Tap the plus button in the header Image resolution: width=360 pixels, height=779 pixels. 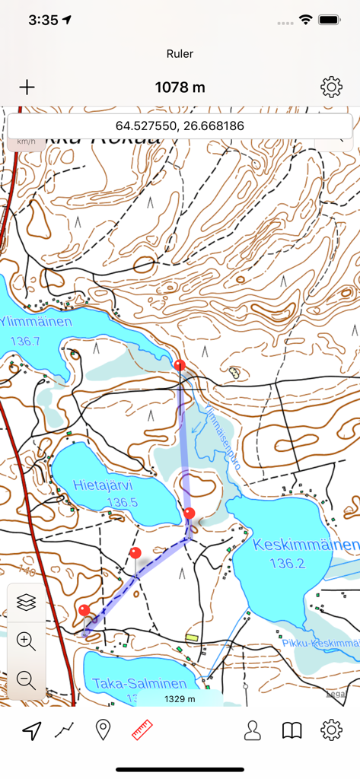tap(27, 87)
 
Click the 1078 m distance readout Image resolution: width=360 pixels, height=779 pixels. tap(180, 87)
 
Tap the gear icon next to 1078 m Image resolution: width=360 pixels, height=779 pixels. tap(331, 87)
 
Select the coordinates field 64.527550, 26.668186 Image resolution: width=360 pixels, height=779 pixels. tap(180, 126)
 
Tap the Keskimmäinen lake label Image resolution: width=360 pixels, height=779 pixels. tap(305, 545)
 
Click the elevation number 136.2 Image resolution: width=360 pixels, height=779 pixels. tap(288, 564)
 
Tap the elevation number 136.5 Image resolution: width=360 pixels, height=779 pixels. tap(122, 502)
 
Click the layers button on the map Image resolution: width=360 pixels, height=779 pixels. tap(26, 602)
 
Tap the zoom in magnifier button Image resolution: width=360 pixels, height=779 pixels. tap(26, 641)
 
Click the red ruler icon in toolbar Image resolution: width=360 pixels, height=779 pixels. tap(142, 731)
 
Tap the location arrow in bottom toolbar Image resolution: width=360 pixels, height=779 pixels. tap(31, 731)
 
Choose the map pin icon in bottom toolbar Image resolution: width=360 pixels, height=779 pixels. tap(103, 731)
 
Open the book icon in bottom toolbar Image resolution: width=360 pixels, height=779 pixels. tap(292, 731)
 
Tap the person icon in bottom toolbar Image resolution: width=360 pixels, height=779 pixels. tap(252, 731)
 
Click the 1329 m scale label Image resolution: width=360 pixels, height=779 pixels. tap(180, 699)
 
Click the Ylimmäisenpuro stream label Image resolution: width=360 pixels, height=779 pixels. tap(221, 437)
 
